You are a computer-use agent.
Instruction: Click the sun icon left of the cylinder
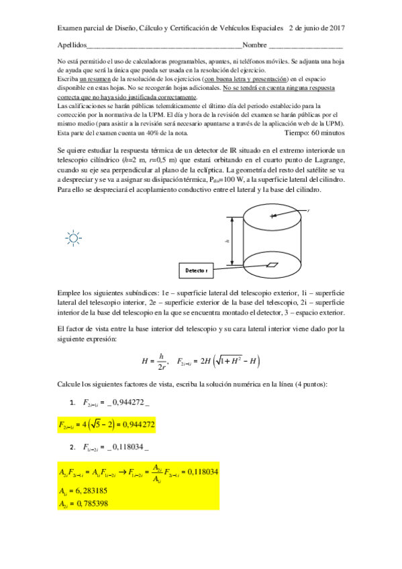tap(72, 236)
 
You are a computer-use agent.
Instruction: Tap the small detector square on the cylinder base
tap(273, 264)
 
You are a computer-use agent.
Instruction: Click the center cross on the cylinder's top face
tap(272, 216)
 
